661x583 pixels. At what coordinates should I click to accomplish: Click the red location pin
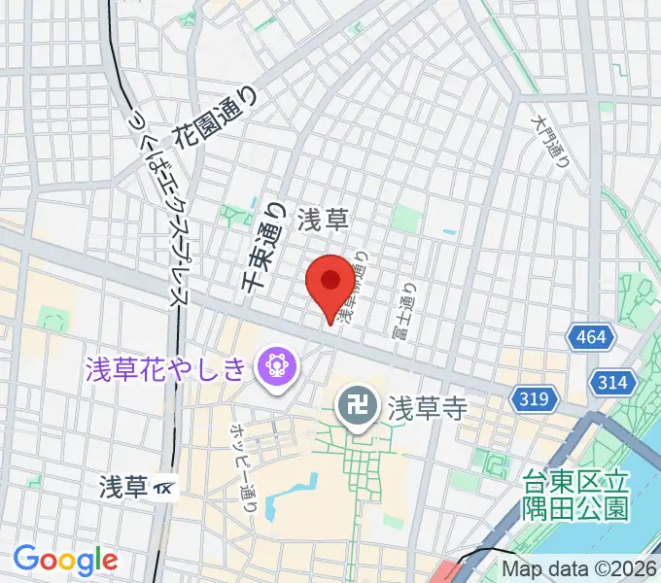330,283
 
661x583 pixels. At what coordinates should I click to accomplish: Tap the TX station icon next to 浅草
166,487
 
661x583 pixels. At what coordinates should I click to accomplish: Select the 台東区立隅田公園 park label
576,493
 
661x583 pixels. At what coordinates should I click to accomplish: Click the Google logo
65,560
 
